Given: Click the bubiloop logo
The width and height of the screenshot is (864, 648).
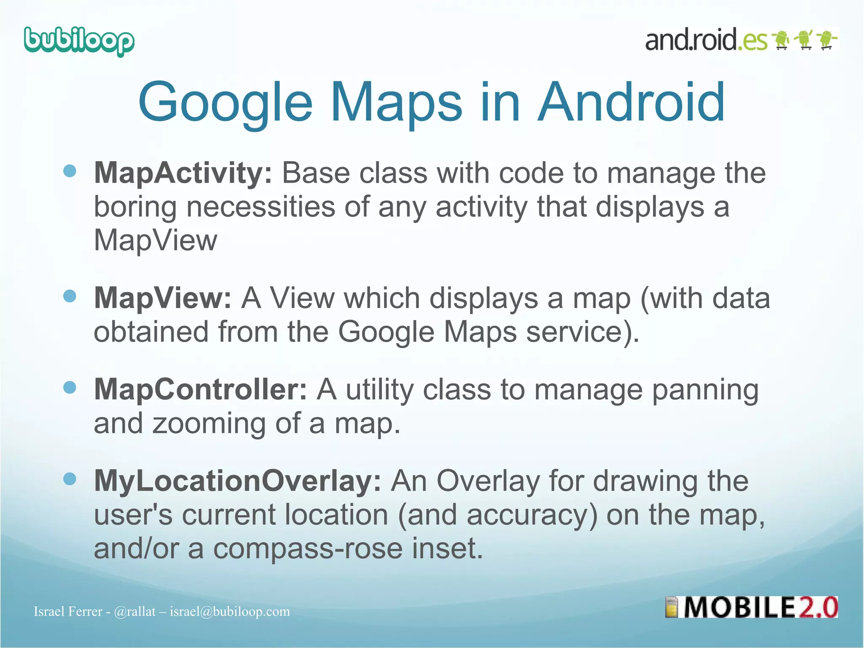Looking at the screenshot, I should pyautogui.click(x=79, y=41).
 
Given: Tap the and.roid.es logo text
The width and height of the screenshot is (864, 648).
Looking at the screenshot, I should pyautogui.click(x=706, y=40).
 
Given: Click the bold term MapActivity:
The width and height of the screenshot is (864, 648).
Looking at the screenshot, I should pyautogui.click(x=184, y=173).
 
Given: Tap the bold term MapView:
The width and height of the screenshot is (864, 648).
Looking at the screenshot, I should pyautogui.click(x=162, y=298).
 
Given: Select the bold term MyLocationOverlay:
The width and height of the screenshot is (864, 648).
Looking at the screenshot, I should pyautogui.click(x=238, y=481).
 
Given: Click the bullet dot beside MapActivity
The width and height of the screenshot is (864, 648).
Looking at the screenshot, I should pyautogui.click(x=70, y=171).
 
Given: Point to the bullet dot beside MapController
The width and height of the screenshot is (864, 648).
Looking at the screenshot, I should pyautogui.click(x=70, y=387).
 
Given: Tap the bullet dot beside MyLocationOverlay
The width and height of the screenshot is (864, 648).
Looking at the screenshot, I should pyautogui.click(x=70, y=479).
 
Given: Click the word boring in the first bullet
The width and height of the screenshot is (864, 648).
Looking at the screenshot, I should pyautogui.click(x=135, y=208).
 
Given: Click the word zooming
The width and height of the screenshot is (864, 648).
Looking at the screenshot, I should pyautogui.click(x=209, y=424).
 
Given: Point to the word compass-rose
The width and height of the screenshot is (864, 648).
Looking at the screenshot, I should pyautogui.click(x=308, y=548).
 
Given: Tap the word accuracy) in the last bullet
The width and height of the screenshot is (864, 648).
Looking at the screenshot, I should pyautogui.click(x=532, y=516).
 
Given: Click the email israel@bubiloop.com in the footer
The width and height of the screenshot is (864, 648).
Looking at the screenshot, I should pyautogui.click(x=230, y=612).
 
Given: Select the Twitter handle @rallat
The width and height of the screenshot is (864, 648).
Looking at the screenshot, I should pyautogui.click(x=135, y=612).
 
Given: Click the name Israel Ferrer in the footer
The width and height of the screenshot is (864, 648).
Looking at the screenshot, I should pyautogui.click(x=68, y=612).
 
